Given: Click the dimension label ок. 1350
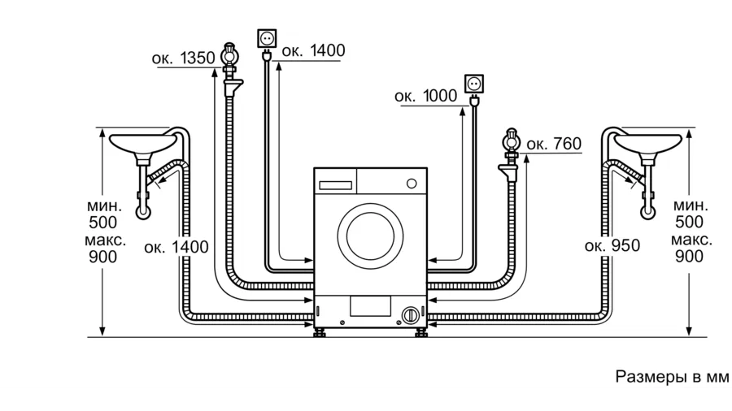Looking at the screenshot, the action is [x=183, y=58].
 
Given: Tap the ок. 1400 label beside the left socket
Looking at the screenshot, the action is [x=313, y=50].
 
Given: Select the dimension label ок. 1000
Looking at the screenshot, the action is [x=425, y=96].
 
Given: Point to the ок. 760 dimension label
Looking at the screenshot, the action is [x=554, y=144].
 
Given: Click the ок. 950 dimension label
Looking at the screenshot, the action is [x=612, y=245].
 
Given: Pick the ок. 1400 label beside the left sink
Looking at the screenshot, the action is [x=176, y=247].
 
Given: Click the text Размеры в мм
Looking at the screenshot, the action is [x=672, y=377].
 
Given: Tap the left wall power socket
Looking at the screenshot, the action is [x=267, y=38].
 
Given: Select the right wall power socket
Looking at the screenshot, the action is [x=474, y=84].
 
